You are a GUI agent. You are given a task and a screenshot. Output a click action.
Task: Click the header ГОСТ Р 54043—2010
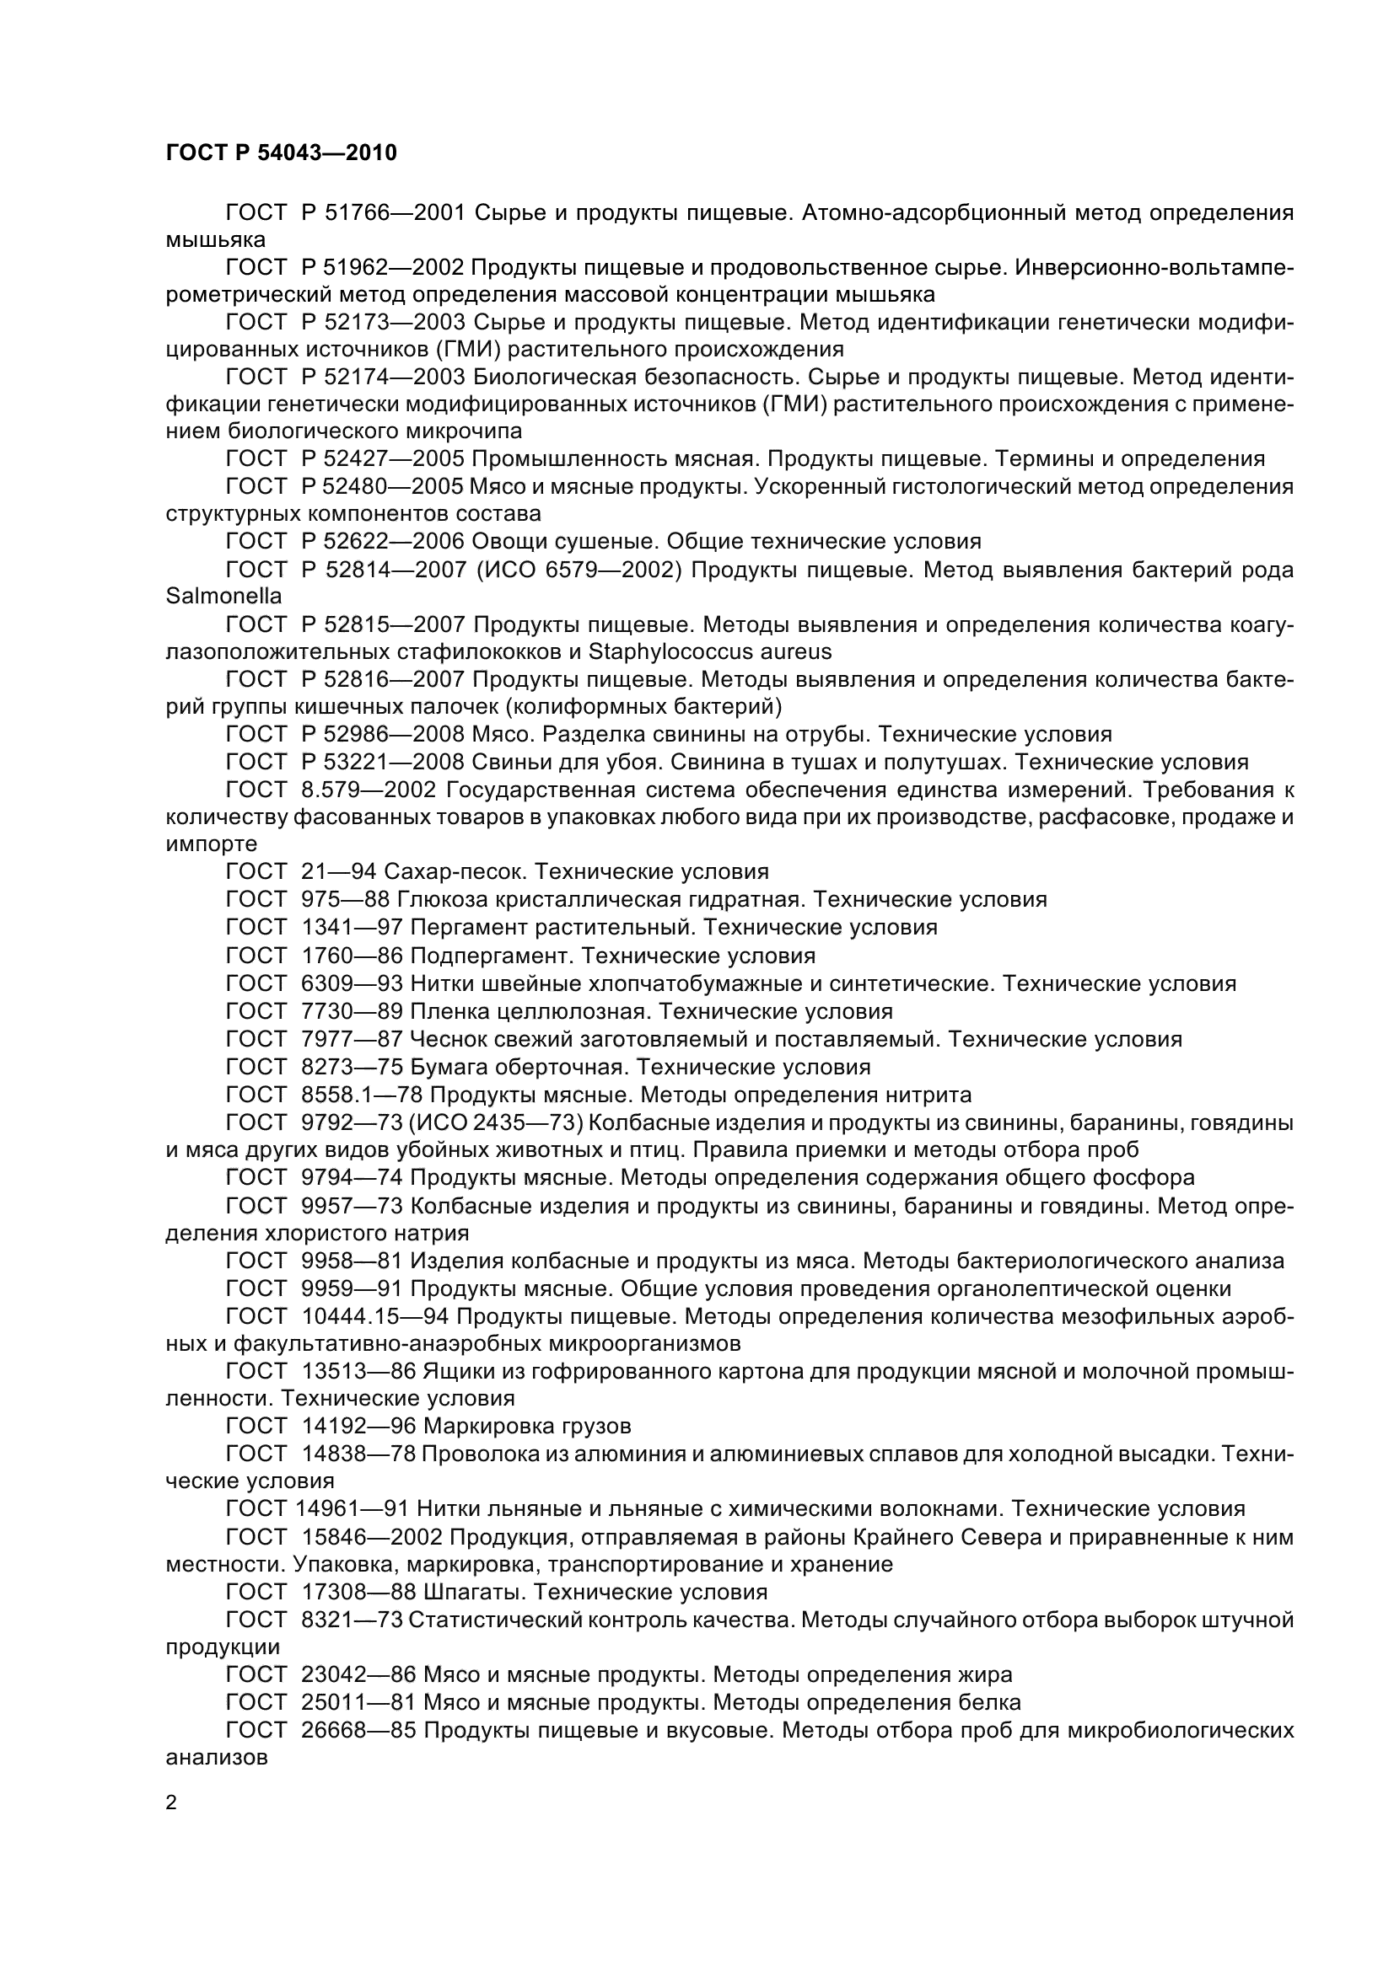pos(281,153)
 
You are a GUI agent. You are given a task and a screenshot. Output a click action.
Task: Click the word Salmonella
pos(223,596)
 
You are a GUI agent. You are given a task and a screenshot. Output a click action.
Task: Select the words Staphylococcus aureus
pos(709,651)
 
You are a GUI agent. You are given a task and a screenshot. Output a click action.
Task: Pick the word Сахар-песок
pos(454,872)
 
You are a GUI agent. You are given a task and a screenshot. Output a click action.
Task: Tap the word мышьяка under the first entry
pos(216,239)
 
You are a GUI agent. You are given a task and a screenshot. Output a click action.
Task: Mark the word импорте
pos(212,844)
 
